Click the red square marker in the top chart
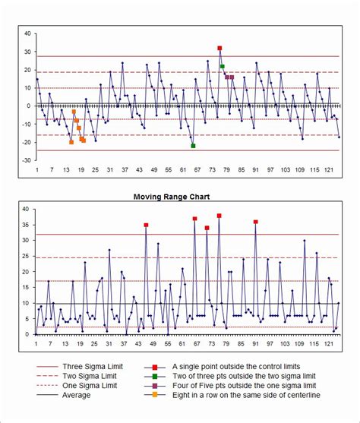219,48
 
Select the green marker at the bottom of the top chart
193,146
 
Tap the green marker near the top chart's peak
223,67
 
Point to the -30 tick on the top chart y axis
27,161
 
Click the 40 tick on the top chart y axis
28,33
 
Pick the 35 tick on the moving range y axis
26,225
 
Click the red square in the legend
155,365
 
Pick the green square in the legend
155,375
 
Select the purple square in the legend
155,385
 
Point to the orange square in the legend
155,395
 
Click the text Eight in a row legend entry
246,395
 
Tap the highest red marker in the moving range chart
219,216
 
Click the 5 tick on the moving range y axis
28,319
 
